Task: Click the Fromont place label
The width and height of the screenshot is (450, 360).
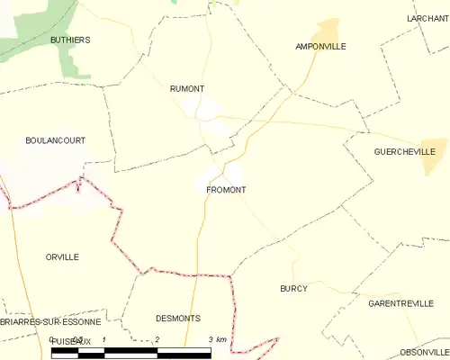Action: coord(226,190)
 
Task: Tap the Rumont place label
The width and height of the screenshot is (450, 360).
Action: coord(187,88)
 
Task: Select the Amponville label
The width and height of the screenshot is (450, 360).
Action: coord(320,46)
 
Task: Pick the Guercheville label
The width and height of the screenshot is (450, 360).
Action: coord(403,152)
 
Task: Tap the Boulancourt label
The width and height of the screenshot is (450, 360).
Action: coord(54,140)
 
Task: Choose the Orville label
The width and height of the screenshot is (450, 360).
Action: coord(62,256)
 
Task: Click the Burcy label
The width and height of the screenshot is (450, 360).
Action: coord(293,288)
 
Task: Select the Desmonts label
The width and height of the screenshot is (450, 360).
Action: coord(177,319)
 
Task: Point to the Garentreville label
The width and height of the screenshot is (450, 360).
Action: coord(401,303)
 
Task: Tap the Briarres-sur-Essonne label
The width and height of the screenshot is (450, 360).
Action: coord(50,321)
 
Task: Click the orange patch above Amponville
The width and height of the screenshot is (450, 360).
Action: coord(329,29)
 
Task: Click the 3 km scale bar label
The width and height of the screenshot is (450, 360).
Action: coord(216,339)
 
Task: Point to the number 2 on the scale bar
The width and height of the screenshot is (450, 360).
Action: coord(157,339)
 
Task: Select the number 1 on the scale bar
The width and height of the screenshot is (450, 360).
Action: coord(105,339)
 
